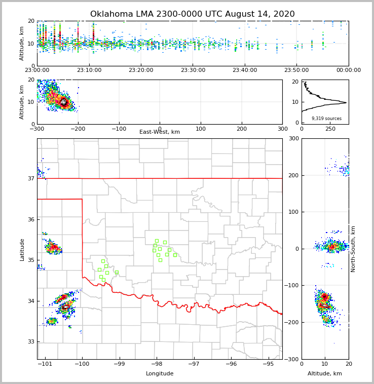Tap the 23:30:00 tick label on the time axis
193,70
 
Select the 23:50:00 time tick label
296,70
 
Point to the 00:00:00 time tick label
348,70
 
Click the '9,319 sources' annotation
326,119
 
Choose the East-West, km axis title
160,132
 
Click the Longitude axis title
160,374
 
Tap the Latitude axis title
22,249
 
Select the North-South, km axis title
353,249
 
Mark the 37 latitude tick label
30,178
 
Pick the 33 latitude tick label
30,341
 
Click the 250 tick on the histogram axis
330,129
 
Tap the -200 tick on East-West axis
78,129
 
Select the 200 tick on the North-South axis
293,175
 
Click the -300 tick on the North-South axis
291,359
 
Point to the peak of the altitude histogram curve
346,102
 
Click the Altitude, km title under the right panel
325,374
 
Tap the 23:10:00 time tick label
89,70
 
